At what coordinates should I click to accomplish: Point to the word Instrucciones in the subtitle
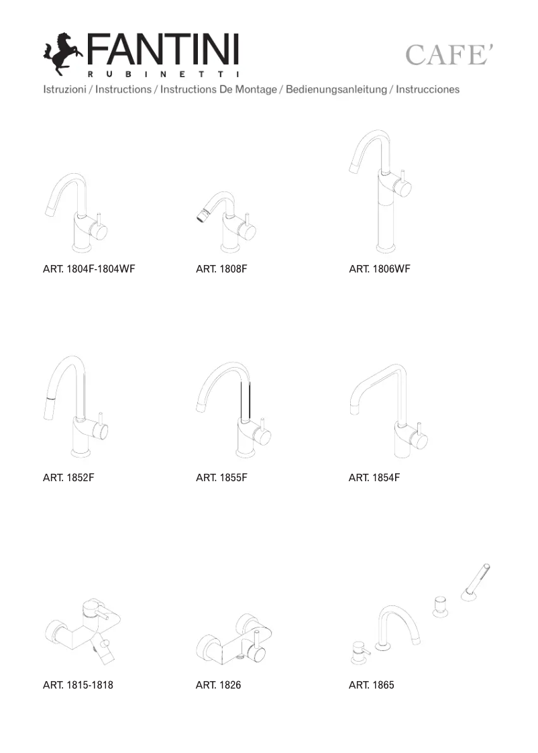pos(427,89)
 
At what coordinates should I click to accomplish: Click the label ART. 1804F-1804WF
pos(89,269)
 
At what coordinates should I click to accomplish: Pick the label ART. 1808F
pos(221,269)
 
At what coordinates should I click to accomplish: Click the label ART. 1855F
pos(221,478)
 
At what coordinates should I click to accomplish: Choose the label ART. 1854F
pos(374,478)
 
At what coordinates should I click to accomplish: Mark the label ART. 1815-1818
pos(78,685)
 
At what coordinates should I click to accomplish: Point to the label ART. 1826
pos(218,685)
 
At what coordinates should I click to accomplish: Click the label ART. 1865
pos(371,685)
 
